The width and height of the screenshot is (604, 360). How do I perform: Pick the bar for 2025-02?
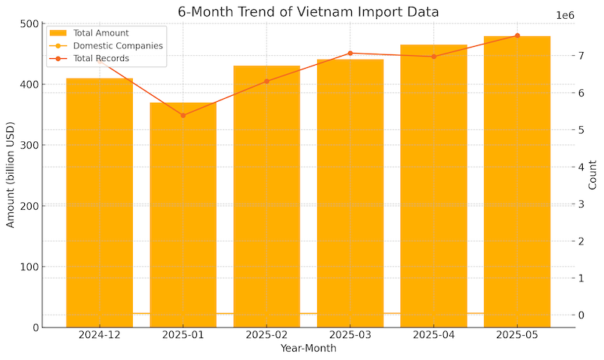click(267, 196)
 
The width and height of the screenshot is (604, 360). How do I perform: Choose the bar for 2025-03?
click(350, 193)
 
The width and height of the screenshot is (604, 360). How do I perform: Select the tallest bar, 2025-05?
click(517, 181)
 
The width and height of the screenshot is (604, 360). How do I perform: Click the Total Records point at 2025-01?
click(183, 115)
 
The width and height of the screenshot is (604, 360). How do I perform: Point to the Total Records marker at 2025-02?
click(267, 81)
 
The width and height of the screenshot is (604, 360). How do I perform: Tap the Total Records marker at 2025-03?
click(350, 54)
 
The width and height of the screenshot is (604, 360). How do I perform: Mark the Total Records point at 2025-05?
click(517, 35)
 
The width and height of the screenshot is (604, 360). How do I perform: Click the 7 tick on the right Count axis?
click(580, 56)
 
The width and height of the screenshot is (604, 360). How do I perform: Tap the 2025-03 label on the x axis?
click(350, 334)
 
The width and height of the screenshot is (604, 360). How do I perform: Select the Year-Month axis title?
click(308, 349)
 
